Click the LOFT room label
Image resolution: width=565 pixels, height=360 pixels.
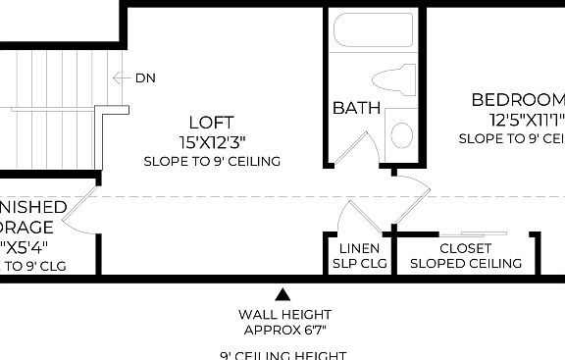(x=211, y=123)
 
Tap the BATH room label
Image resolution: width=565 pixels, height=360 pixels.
(x=356, y=108)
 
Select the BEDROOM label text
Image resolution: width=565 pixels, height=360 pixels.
(x=518, y=100)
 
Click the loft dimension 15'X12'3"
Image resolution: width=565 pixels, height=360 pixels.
(x=211, y=142)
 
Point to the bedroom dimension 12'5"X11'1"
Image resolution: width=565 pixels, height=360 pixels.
(x=527, y=121)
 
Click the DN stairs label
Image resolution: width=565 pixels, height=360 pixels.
(x=145, y=78)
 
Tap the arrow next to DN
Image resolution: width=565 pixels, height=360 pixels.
(x=122, y=78)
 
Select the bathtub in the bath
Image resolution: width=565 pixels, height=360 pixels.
(x=374, y=29)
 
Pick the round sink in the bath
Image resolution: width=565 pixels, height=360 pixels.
(x=401, y=133)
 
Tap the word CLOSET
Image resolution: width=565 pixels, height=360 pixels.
(x=465, y=249)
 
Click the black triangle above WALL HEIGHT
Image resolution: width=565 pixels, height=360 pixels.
(x=282, y=293)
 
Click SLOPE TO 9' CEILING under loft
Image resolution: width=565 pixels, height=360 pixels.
(x=211, y=161)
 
